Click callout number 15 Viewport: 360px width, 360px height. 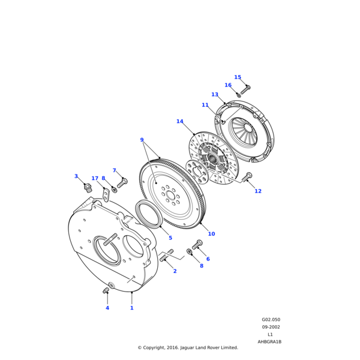pyautogui.click(x=238, y=77)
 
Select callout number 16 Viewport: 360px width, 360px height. pyautogui.click(x=228, y=85)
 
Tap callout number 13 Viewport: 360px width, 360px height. pyautogui.click(x=215, y=94)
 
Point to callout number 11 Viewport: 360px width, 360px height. pyautogui.click(x=205, y=105)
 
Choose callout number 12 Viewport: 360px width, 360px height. pyautogui.click(x=258, y=191)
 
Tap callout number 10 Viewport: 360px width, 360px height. pyautogui.click(x=211, y=234)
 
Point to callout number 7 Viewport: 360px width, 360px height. pyautogui.click(x=115, y=170)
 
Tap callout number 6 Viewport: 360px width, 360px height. pyautogui.click(x=208, y=259)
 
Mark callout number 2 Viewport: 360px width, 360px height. pyautogui.click(x=175, y=271)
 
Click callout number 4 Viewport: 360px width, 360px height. pyautogui.click(x=107, y=308)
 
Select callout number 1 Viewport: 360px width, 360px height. pyautogui.click(x=132, y=308)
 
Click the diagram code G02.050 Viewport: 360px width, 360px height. pyautogui.click(x=271, y=320)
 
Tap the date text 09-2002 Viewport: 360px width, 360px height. pyautogui.click(x=271, y=327)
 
